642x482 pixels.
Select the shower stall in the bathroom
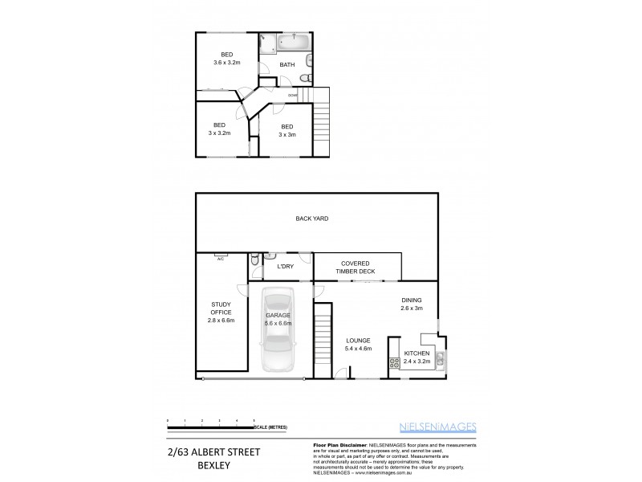[x=267, y=43]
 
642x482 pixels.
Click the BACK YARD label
[x=312, y=219]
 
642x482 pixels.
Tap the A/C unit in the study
[x=220, y=258]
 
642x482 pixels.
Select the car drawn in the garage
[x=277, y=329]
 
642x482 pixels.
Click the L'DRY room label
[x=286, y=267]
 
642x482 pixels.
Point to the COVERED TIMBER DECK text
[x=356, y=268]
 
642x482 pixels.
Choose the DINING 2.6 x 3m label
[x=412, y=304]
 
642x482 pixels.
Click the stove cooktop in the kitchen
[x=395, y=362]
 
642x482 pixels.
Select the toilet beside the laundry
[x=254, y=259]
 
